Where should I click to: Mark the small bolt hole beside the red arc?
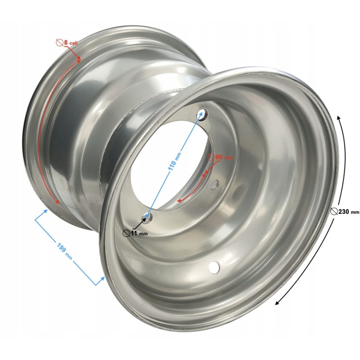(214, 183)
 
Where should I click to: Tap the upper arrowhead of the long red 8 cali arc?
(79, 59)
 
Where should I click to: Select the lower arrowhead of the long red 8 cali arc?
(57, 202)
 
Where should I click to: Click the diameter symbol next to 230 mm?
(333, 211)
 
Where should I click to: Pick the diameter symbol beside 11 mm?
(126, 233)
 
